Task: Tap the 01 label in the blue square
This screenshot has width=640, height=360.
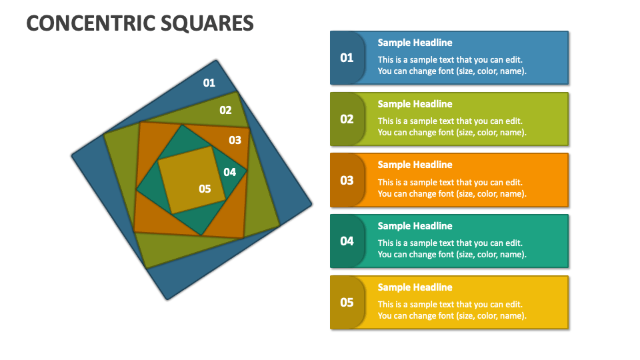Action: click(209, 83)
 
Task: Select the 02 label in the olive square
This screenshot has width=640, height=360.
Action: click(225, 110)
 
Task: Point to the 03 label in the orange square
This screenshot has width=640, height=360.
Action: click(235, 140)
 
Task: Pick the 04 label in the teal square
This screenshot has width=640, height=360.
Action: click(229, 172)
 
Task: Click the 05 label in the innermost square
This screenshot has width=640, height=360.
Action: click(205, 189)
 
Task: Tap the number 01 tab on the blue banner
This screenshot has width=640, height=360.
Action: click(347, 58)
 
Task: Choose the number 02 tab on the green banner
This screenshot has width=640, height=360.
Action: click(347, 119)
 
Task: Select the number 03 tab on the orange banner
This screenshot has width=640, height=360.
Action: click(347, 180)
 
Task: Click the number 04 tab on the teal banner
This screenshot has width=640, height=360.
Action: click(347, 241)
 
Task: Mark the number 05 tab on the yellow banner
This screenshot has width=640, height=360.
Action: click(347, 303)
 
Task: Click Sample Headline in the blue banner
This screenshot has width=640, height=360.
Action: click(415, 43)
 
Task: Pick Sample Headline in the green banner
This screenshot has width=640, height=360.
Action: click(415, 104)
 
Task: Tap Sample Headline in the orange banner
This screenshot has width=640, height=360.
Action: click(415, 165)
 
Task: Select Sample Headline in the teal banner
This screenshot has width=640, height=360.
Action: click(415, 226)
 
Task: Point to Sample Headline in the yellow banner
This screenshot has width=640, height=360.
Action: click(415, 287)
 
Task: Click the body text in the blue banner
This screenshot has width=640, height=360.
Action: click(452, 65)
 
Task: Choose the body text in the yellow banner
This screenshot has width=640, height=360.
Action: click(452, 310)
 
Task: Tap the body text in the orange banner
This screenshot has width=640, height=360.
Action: click(452, 188)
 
